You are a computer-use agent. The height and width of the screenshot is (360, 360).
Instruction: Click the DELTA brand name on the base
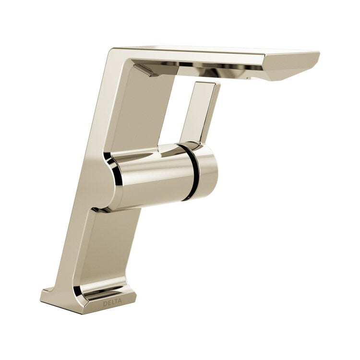tap(112, 302)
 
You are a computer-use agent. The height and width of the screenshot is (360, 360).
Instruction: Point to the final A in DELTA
tap(120, 300)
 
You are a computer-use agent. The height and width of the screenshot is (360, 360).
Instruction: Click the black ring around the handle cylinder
tap(192, 172)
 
